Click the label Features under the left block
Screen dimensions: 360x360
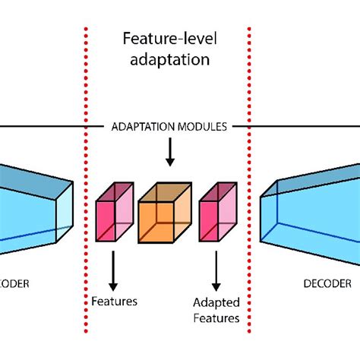(114, 302)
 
